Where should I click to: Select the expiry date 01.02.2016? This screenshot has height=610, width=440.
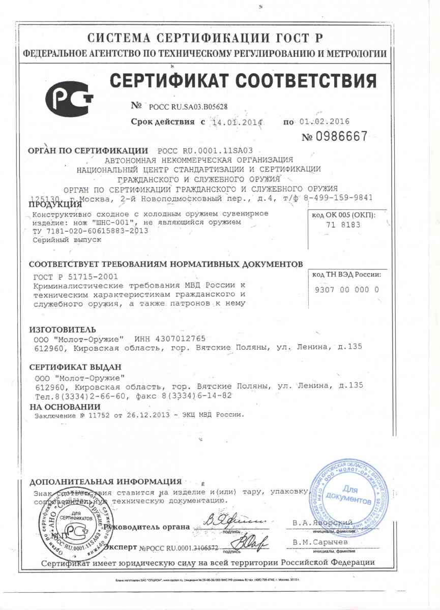click(325, 123)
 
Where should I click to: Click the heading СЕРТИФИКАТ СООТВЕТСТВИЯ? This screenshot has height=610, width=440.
click(244, 81)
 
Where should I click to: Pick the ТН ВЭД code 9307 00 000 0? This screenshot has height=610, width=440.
click(348, 290)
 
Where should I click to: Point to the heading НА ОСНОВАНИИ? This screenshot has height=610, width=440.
click(65, 407)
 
